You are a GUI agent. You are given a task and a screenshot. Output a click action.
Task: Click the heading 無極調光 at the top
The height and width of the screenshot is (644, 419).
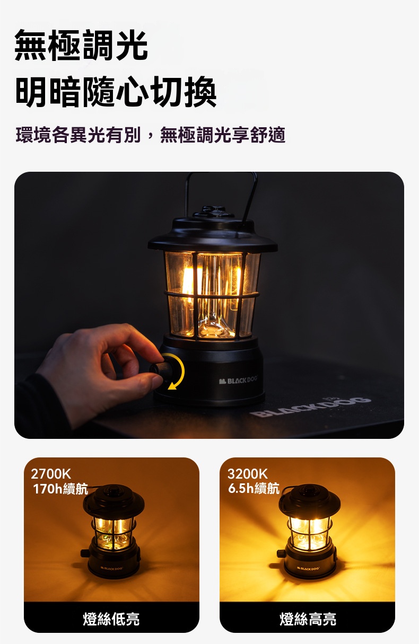[x=81, y=45]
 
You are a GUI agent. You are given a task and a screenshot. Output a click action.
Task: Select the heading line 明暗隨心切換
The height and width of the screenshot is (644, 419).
[x=116, y=92]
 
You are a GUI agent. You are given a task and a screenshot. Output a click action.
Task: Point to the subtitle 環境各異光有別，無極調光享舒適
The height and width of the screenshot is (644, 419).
[x=151, y=135]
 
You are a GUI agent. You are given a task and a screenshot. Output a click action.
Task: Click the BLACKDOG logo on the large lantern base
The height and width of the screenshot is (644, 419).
[x=238, y=381]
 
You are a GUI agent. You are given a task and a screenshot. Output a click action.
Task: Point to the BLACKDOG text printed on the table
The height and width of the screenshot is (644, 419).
[x=310, y=405]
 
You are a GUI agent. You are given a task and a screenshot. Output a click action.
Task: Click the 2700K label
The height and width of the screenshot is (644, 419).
[x=50, y=474]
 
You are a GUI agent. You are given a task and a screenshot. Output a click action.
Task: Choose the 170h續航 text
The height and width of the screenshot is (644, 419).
[x=60, y=489]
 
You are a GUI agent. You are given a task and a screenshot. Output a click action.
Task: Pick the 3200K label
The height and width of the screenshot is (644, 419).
[x=248, y=474]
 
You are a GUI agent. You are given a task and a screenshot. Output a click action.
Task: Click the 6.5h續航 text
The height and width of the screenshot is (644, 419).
[x=254, y=488]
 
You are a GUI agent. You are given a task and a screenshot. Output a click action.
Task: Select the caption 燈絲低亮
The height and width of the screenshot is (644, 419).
[x=111, y=619]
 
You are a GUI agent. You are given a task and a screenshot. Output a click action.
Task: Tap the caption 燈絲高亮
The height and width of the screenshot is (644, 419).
[x=308, y=619]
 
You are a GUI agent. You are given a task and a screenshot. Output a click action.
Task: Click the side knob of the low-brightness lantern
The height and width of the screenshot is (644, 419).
[x=85, y=553]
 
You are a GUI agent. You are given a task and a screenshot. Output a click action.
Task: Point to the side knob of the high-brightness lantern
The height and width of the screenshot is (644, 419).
[x=281, y=553]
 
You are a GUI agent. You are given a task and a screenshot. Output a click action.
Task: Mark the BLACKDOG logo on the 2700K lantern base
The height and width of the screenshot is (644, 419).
[x=112, y=568]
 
